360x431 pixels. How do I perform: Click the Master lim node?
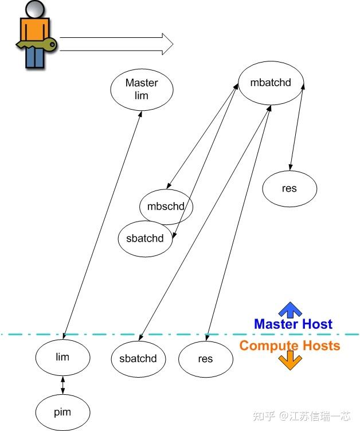tap(142, 90)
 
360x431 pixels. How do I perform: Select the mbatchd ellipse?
tap(271, 83)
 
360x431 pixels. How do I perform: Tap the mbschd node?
tap(166, 207)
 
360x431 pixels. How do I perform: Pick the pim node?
tap(62, 412)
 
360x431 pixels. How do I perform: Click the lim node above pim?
tap(62, 358)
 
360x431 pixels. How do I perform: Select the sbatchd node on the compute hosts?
tap(138, 359)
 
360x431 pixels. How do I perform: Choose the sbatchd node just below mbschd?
tap(145, 239)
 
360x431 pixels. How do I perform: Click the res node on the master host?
tap(289, 189)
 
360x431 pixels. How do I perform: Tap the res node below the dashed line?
tap(206, 359)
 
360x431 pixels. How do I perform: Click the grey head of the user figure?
tap(35, 9)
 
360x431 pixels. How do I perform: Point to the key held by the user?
tap(37, 45)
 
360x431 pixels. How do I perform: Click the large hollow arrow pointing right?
tap(116, 44)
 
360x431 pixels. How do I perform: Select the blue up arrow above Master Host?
tap(290, 310)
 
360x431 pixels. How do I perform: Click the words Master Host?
tap(294, 324)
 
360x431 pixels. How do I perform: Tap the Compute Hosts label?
tap(289, 345)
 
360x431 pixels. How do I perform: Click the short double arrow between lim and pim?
tap(63, 385)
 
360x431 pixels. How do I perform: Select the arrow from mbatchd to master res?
tap(296, 126)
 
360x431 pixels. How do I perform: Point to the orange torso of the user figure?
tap(35, 30)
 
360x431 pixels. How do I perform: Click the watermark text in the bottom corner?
tap(302, 416)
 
